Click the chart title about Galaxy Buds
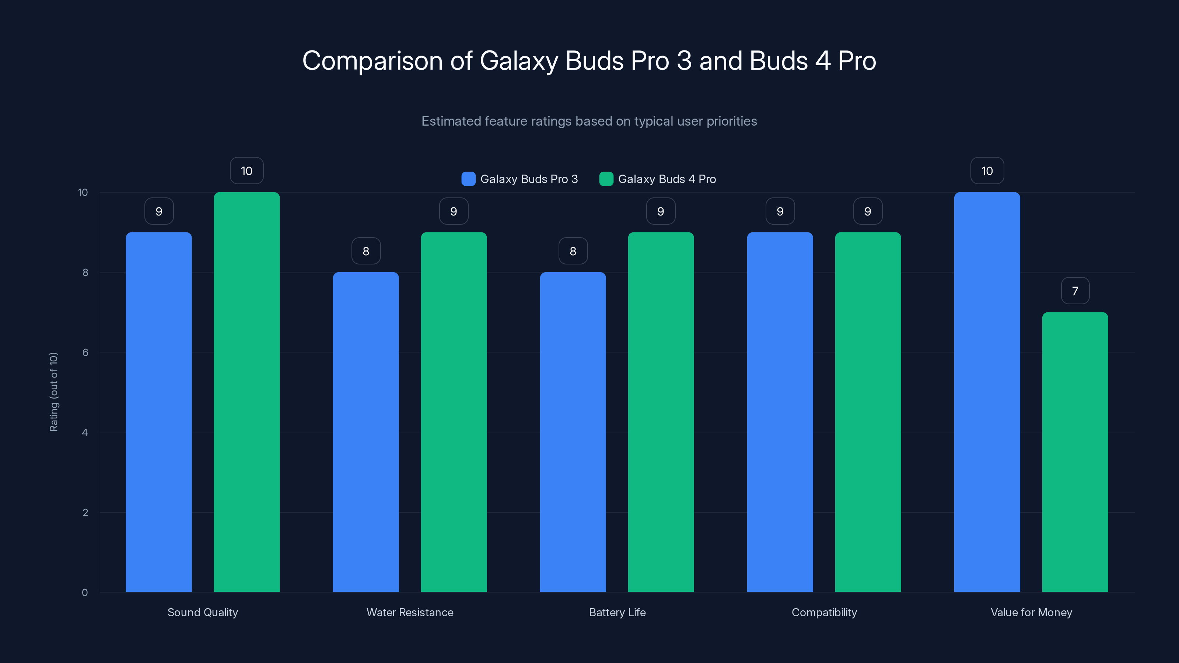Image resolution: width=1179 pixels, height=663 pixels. (x=589, y=61)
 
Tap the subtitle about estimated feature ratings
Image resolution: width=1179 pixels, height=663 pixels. (x=589, y=121)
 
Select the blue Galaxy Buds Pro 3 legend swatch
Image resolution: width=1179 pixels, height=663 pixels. (x=468, y=179)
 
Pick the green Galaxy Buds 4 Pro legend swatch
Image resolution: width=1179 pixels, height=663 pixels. (x=606, y=179)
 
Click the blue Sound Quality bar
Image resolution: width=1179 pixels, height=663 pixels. (x=159, y=412)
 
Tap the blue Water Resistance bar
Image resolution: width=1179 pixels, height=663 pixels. (x=366, y=432)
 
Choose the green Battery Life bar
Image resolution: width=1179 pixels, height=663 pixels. (x=661, y=412)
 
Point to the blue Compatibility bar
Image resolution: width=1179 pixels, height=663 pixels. (x=780, y=412)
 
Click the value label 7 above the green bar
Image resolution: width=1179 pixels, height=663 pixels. (x=1075, y=291)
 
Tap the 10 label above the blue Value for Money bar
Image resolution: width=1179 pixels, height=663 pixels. (x=987, y=171)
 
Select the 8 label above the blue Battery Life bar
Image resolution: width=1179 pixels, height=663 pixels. (x=573, y=251)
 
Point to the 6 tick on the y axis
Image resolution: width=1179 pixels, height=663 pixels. (x=85, y=352)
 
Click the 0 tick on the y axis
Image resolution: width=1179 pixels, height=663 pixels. (x=85, y=593)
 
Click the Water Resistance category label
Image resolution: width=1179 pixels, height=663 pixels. (x=410, y=612)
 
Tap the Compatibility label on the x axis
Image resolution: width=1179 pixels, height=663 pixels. (x=824, y=612)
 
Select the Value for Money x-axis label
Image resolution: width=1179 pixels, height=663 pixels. (x=1031, y=612)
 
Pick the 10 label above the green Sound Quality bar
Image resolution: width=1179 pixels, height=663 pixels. (x=247, y=171)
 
